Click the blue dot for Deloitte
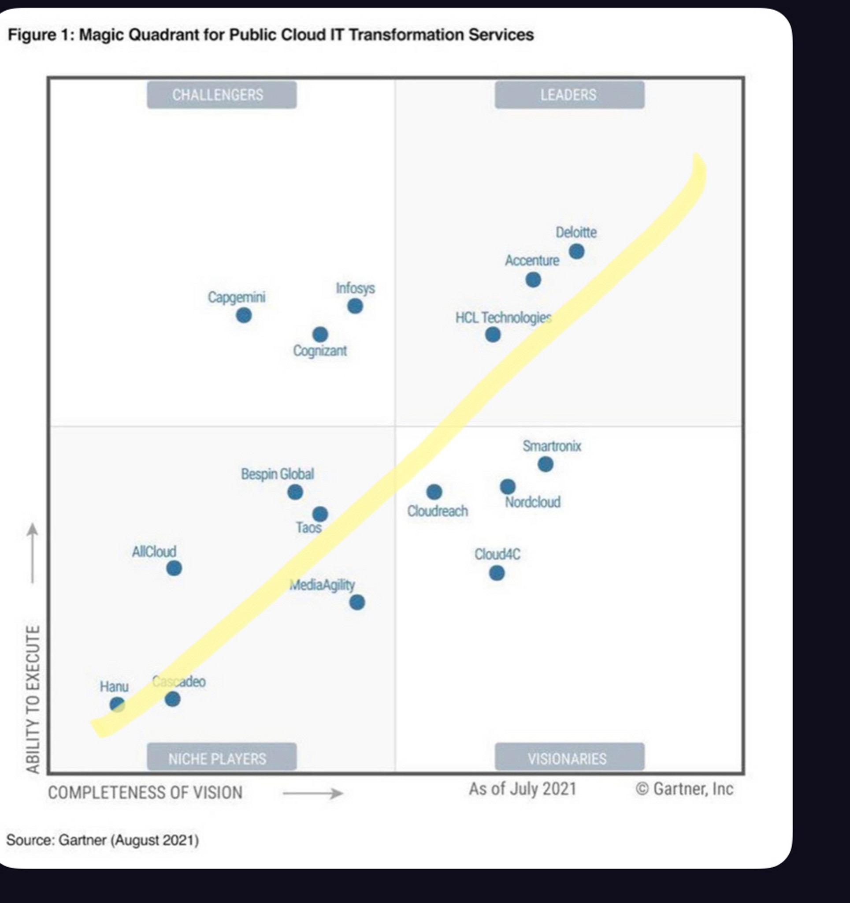click(577, 251)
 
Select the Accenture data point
click(533, 280)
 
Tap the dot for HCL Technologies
click(493, 335)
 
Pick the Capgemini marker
click(244, 315)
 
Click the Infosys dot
click(355, 306)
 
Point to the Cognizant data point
click(320, 335)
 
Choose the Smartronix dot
click(546, 464)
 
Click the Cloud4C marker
click(497, 573)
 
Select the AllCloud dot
click(174, 568)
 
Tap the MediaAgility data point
click(357, 603)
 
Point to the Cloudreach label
click(437, 511)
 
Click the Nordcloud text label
click(533, 502)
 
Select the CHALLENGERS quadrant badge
click(222, 95)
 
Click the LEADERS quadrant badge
click(569, 95)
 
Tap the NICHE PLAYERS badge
click(222, 758)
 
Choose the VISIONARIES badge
click(569, 758)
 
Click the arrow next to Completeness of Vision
click(313, 794)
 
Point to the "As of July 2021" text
click(523, 789)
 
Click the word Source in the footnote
click(30, 840)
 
